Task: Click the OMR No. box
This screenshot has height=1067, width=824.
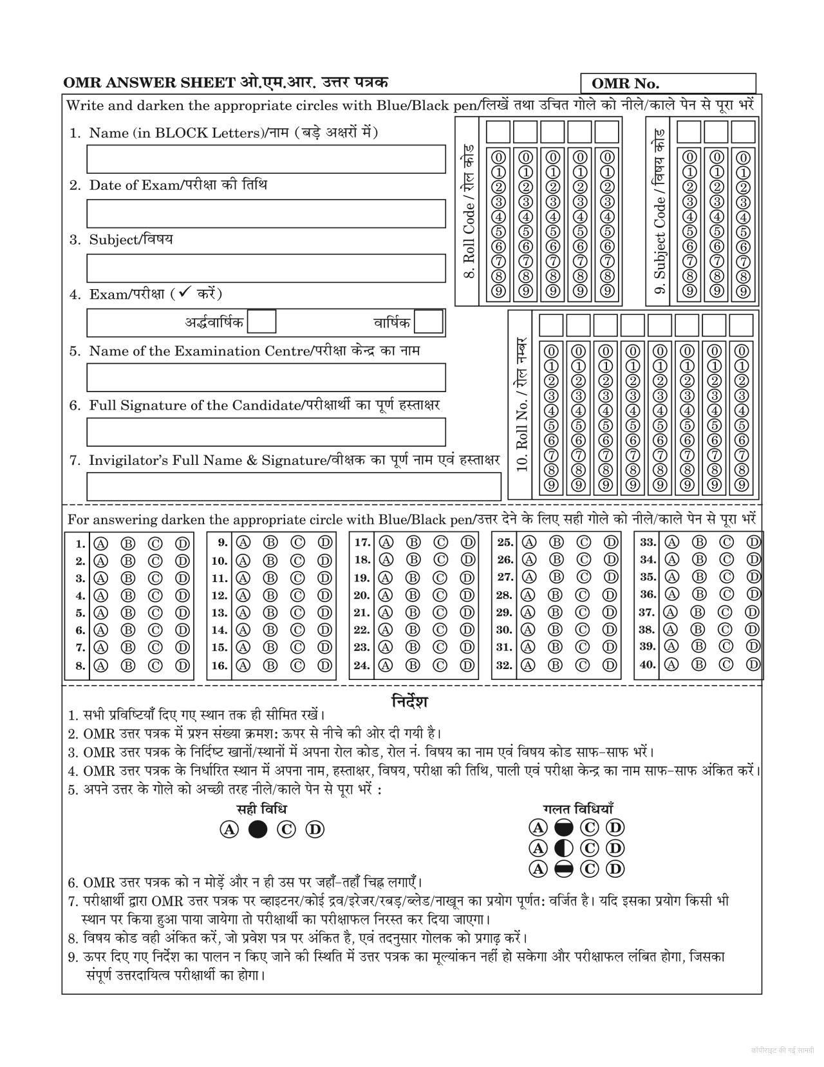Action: point(668,84)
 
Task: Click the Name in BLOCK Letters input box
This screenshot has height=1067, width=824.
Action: point(266,159)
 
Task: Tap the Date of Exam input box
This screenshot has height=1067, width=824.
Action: point(266,214)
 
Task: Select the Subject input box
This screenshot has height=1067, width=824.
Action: point(266,268)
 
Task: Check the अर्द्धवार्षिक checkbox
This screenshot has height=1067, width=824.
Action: point(262,321)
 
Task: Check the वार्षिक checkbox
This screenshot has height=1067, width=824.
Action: point(429,321)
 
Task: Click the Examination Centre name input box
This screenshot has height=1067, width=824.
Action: point(266,377)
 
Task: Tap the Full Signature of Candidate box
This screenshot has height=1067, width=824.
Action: point(266,432)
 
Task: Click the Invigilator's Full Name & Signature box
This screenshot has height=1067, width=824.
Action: point(294,487)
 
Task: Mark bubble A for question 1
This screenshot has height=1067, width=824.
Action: point(100,543)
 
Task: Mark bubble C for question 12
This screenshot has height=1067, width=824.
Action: point(297,596)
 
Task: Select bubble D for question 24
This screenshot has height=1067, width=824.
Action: point(467,665)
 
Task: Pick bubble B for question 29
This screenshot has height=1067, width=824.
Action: point(555,612)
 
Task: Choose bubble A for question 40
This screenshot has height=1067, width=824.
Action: point(671,664)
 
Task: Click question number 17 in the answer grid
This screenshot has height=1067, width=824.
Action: point(362,543)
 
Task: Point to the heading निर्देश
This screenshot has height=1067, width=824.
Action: point(410,701)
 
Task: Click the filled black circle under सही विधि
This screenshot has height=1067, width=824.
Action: point(257,829)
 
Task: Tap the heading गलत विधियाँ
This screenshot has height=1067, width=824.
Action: point(578,809)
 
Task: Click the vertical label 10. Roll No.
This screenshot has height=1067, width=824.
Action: point(521,404)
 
